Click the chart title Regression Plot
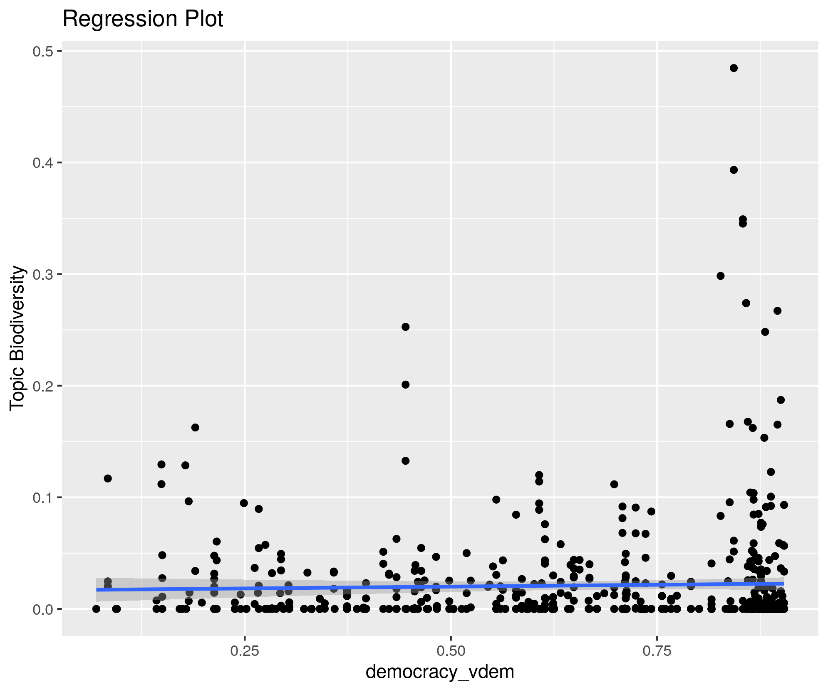click(x=143, y=19)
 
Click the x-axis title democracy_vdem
click(x=440, y=672)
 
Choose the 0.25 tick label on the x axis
click(x=245, y=651)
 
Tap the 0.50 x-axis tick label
click(x=451, y=651)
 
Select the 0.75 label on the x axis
click(x=657, y=651)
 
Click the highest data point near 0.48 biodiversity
click(x=734, y=68)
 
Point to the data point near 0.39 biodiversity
click(x=734, y=170)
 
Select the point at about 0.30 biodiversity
click(x=720, y=276)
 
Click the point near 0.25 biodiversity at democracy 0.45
click(x=405, y=327)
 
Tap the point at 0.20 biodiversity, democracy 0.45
click(x=405, y=384)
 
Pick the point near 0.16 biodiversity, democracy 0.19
click(x=195, y=428)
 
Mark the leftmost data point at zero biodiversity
click(x=96, y=609)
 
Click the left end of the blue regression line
click(x=97, y=589)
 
